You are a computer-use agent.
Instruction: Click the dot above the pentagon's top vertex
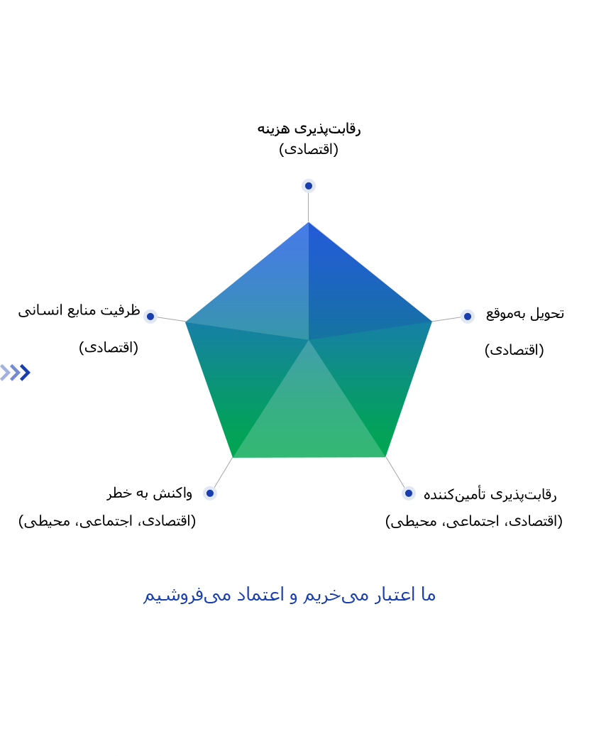point(309,185)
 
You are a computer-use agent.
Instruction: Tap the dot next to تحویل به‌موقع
point(467,317)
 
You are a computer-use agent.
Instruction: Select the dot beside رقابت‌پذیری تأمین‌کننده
point(408,493)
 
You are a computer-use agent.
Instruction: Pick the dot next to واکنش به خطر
point(209,493)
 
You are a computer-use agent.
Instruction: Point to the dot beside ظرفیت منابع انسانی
point(150,317)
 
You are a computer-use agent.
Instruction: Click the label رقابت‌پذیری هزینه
point(309,128)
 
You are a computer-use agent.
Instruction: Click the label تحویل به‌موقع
point(525,313)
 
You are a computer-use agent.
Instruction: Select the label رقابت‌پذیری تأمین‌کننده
point(490,494)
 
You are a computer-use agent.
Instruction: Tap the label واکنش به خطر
point(150,493)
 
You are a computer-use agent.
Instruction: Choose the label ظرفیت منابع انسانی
point(79,310)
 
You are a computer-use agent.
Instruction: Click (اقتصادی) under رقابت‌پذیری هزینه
point(309,149)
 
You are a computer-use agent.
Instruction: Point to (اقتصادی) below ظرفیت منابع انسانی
point(109,347)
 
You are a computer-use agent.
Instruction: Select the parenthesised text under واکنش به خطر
point(107,521)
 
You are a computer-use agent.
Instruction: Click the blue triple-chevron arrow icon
point(16,373)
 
